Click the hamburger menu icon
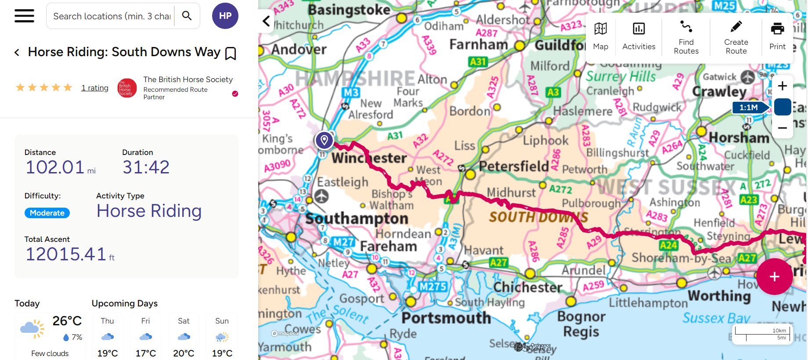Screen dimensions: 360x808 click(24, 16)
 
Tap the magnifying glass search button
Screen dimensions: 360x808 click(187, 16)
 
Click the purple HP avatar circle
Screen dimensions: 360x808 click(225, 16)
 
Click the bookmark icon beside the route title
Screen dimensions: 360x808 click(231, 54)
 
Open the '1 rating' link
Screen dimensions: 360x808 click(95, 88)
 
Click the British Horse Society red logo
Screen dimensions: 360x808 click(127, 88)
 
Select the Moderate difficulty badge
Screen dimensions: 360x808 click(47, 213)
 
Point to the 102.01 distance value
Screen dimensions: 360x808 click(55, 167)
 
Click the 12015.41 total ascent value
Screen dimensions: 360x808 click(66, 254)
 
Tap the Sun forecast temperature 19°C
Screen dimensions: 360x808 click(222, 353)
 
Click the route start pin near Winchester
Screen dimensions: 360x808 click(324, 140)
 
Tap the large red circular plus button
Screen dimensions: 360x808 click(774, 277)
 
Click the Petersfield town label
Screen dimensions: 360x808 click(514, 166)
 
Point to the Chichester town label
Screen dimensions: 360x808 click(528, 287)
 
